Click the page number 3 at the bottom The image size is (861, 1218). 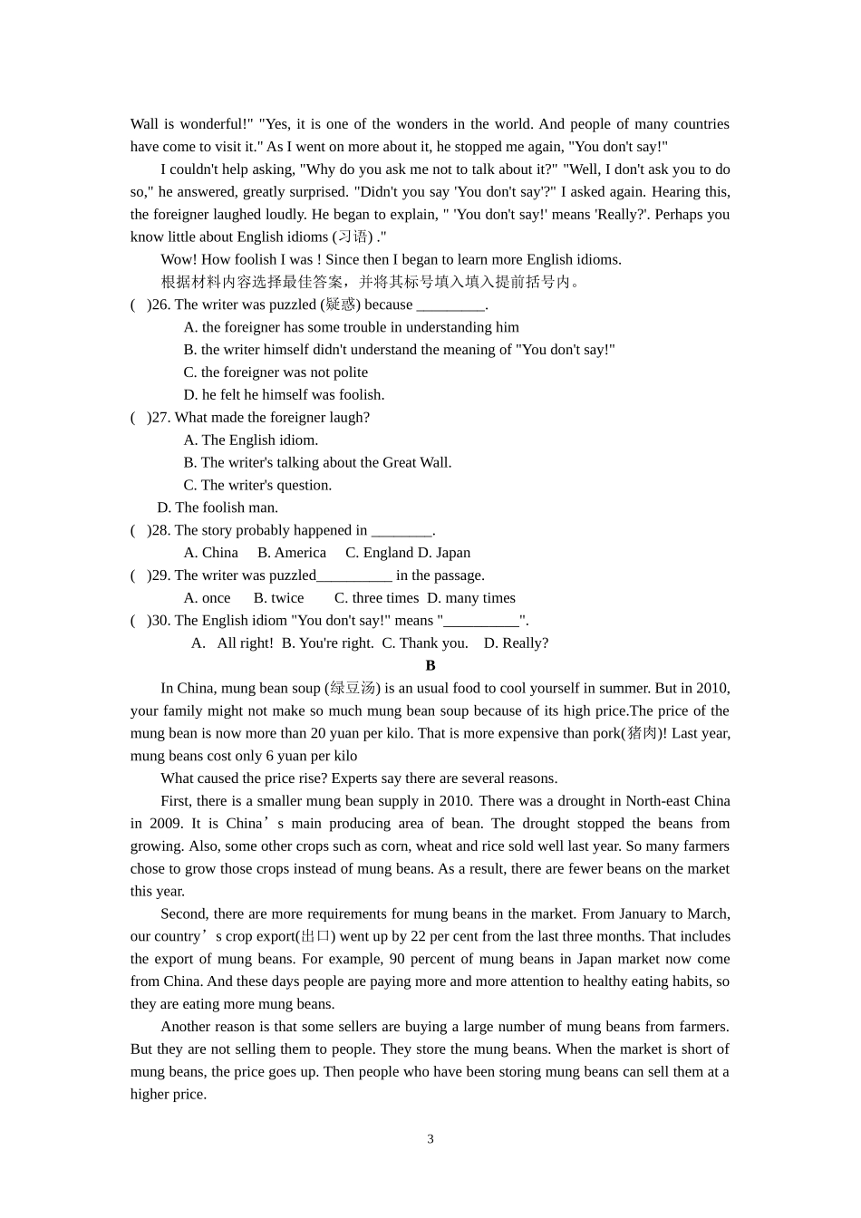[430, 1139]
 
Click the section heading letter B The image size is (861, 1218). [430, 665]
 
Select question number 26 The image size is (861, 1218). [160, 304]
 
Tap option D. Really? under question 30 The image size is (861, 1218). [516, 643]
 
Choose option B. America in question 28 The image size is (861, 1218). [292, 553]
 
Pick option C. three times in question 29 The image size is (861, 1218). [376, 598]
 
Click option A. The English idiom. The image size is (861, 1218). [251, 440]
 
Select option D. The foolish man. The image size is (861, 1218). [218, 507]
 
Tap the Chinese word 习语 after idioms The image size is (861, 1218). [353, 237]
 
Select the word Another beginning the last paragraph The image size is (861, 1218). [187, 1027]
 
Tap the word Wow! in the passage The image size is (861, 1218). [179, 259]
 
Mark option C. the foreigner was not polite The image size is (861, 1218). [276, 372]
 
